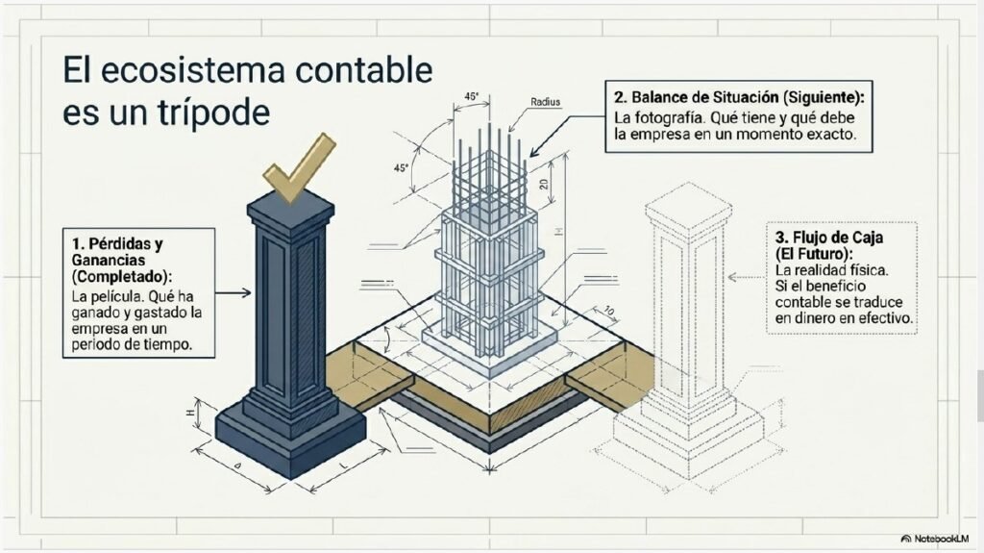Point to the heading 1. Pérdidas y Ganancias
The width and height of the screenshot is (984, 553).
coord(116,251)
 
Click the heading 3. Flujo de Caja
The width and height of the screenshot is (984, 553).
coord(829,238)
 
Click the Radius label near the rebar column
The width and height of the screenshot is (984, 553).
coord(546,102)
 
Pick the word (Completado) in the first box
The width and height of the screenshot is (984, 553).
coord(121,277)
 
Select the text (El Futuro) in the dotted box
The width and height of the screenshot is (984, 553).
coord(814,254)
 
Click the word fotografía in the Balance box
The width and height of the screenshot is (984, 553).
coord(671,117)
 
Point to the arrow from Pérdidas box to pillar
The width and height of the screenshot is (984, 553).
coord(233,292)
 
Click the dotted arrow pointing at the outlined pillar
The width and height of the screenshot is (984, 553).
coord(747,277)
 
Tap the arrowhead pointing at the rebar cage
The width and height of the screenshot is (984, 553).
coord(534,152)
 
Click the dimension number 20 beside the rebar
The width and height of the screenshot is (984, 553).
coord(544,184)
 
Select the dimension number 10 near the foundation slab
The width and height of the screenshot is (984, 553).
coord(608,311)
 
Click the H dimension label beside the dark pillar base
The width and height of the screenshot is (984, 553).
coord(189,413)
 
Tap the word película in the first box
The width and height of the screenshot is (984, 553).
coord(118,296)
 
